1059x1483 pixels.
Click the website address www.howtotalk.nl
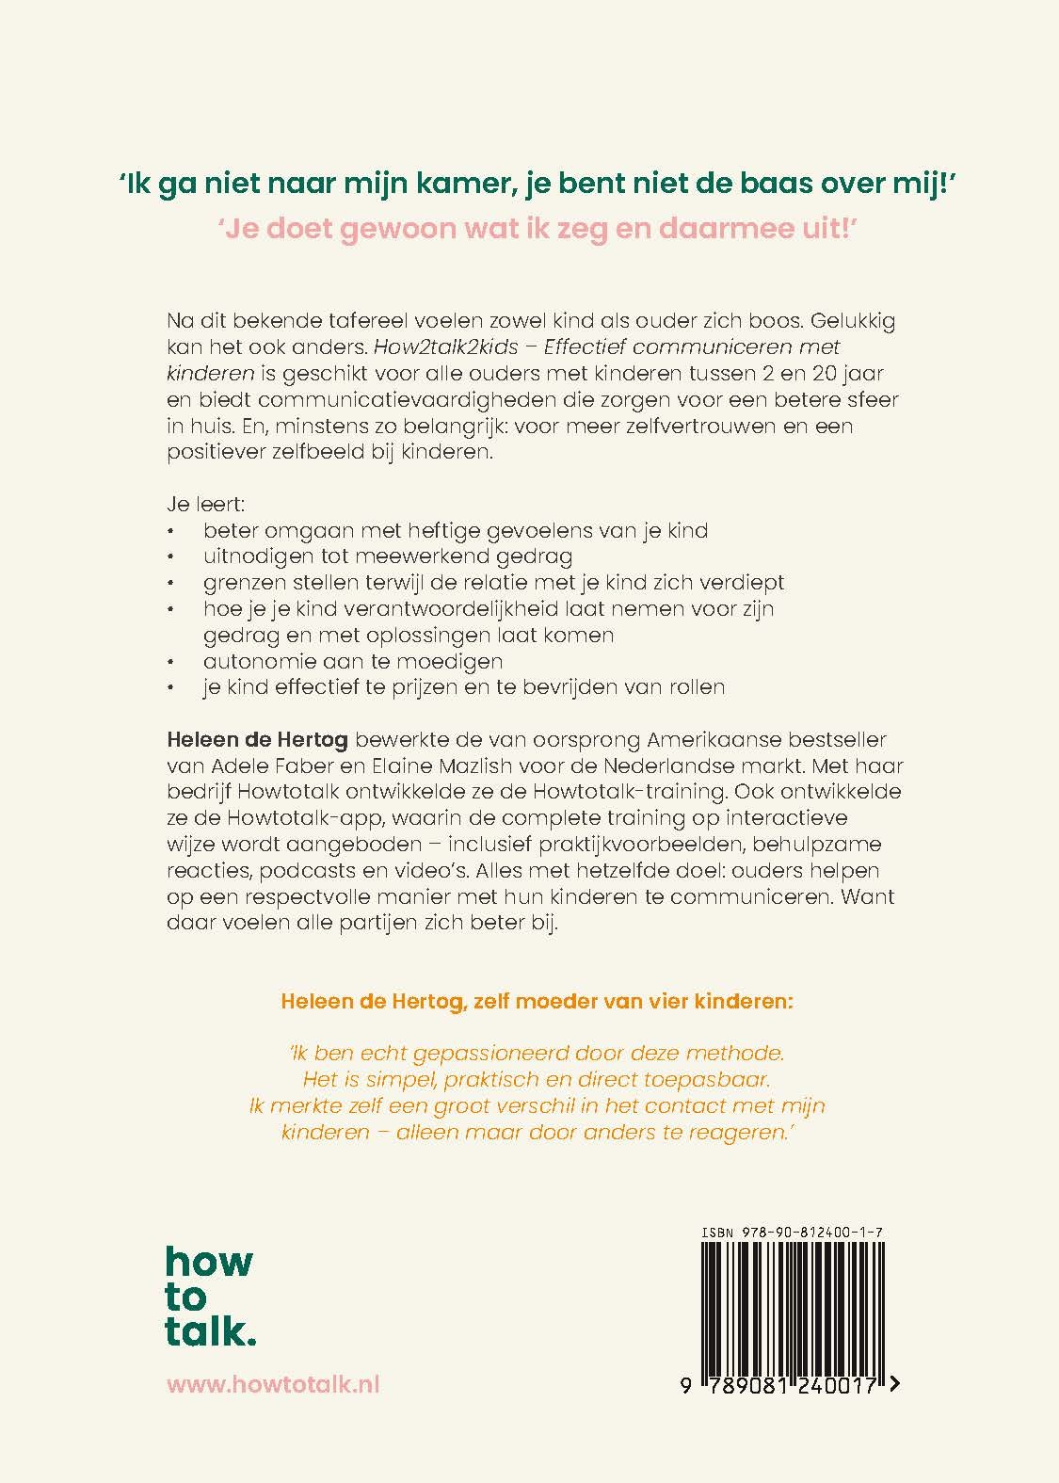tap(273, 1384)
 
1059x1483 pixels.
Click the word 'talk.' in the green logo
tap(211, 1331)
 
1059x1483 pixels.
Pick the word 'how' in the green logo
tap(209, 1262)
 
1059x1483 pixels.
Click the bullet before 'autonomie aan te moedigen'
tap(170, 662)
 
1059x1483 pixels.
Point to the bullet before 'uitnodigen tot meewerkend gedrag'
tap(170, 557)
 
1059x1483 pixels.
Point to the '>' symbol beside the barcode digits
tap(892, 1384)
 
